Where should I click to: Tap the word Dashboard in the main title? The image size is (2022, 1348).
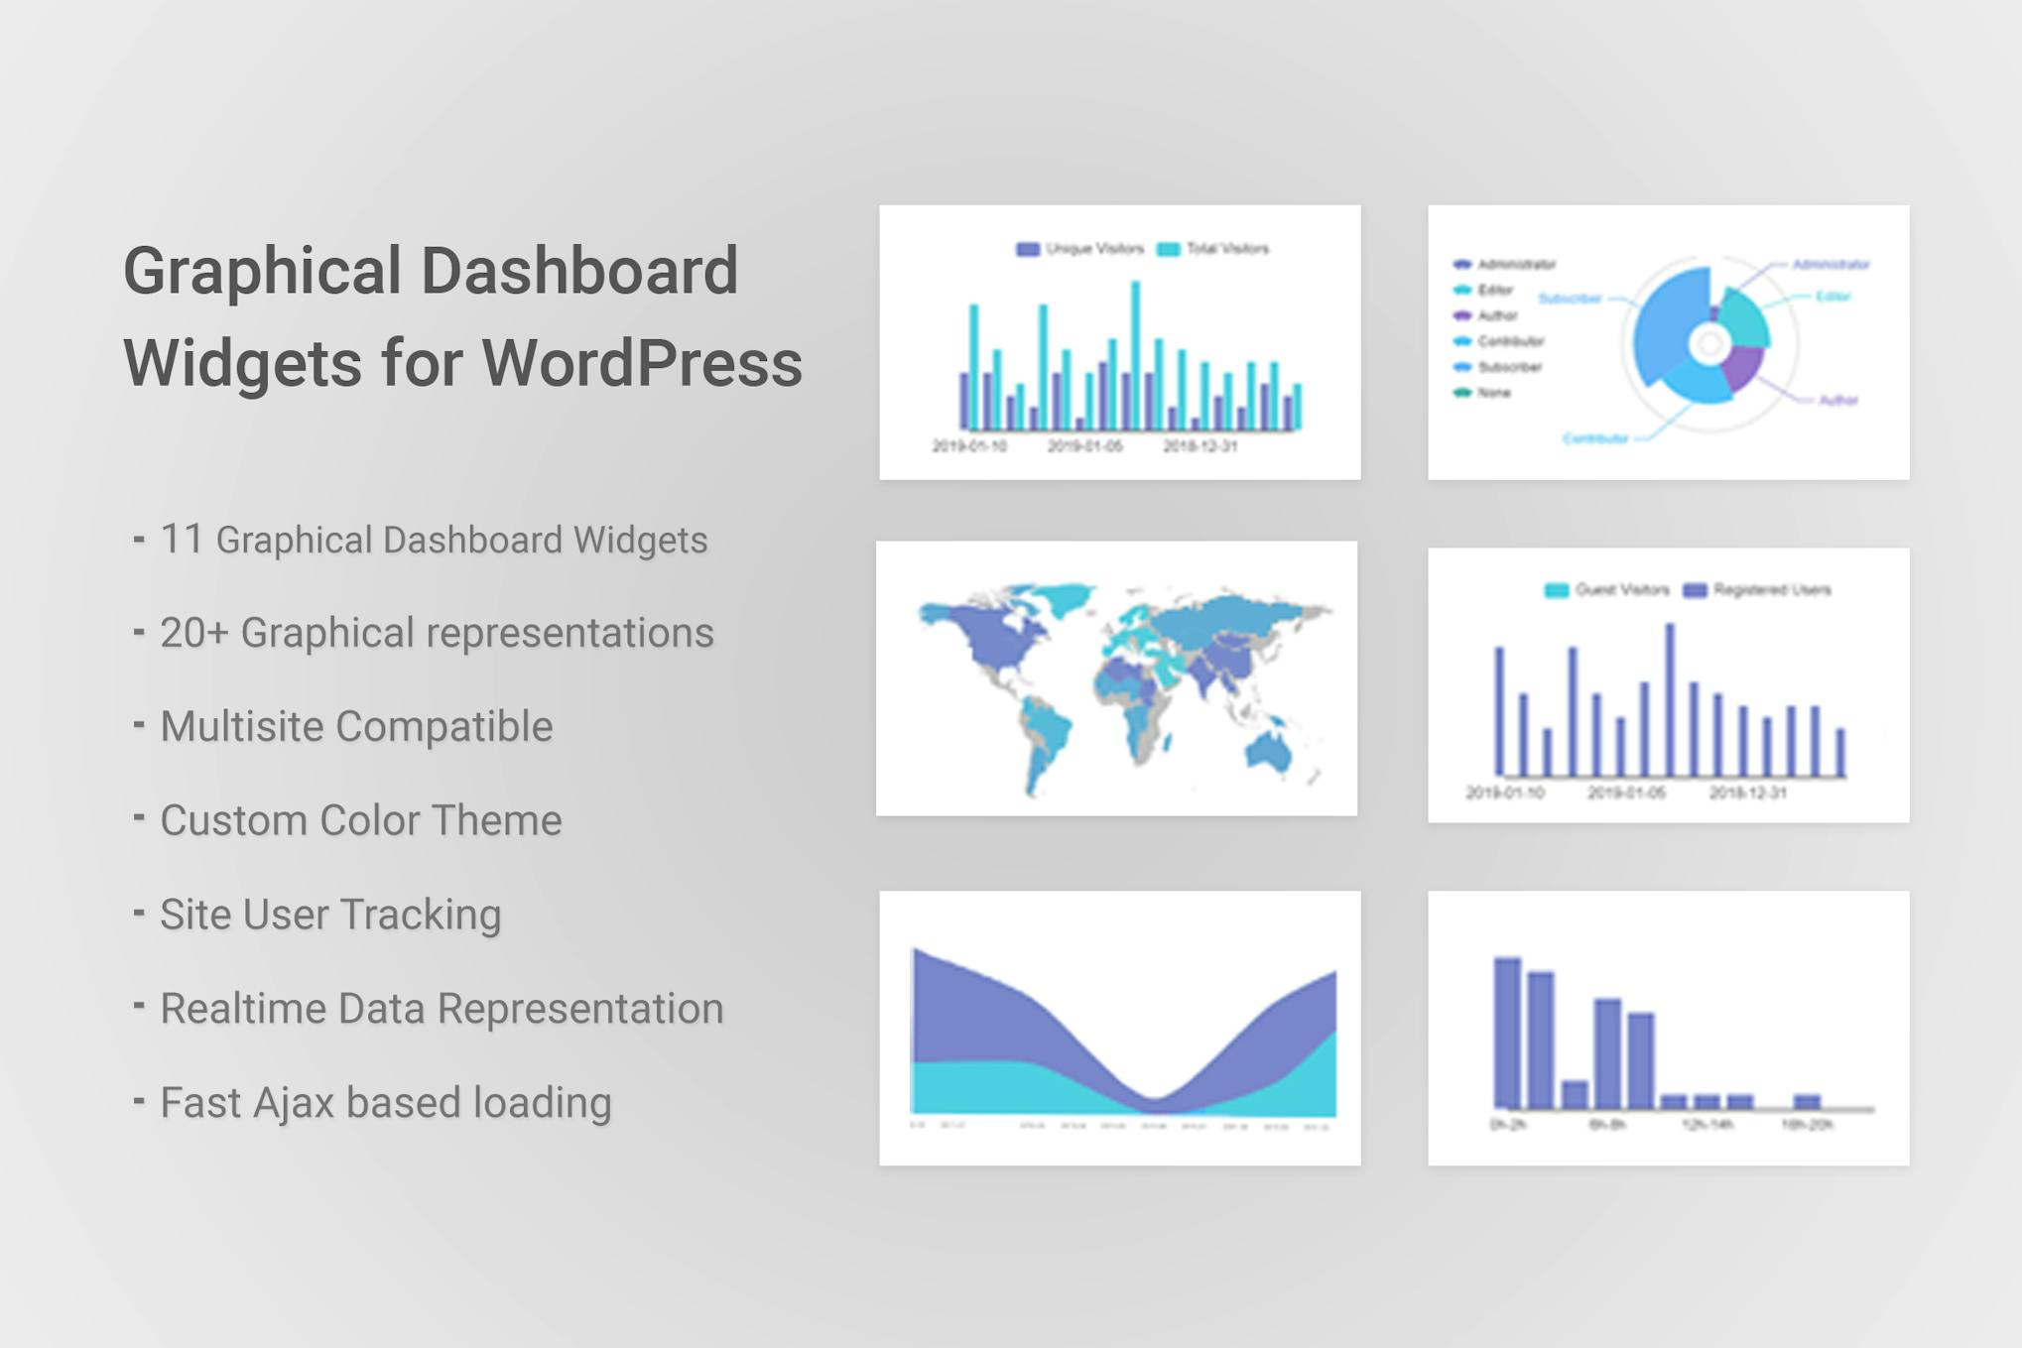coord(579,271)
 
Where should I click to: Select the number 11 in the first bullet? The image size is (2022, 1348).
coord(181,540)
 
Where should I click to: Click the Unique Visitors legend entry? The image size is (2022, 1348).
coord(1081,249)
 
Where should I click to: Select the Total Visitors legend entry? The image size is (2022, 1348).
coord(1214,249)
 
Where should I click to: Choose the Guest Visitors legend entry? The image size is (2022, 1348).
coord(1607,590)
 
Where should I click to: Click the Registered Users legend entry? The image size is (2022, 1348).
coord(1758,590)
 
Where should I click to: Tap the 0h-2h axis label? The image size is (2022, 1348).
coord(1508,1125)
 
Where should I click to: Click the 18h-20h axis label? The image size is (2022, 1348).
coord(1807,1125)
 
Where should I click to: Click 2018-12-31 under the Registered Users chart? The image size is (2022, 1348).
coord(1747,793)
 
